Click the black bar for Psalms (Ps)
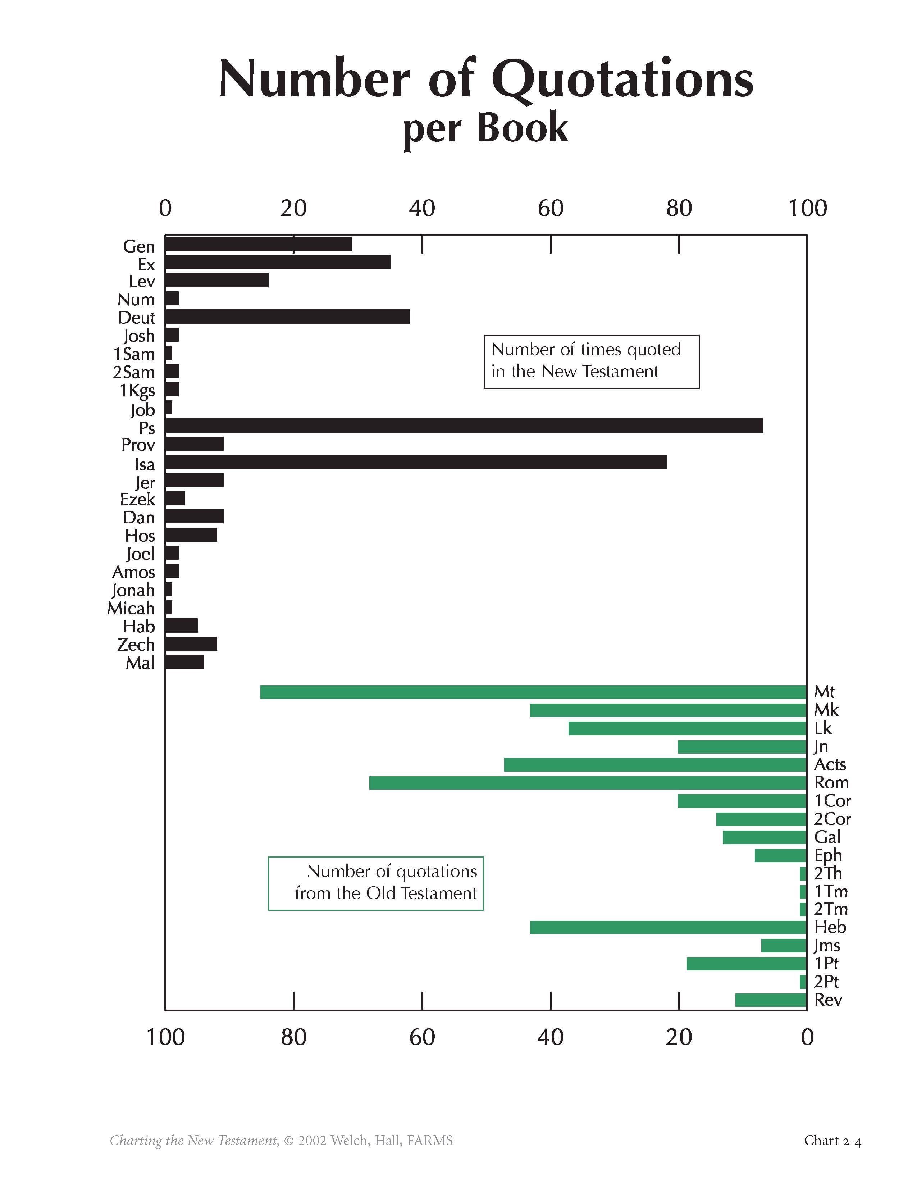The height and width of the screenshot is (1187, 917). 464,426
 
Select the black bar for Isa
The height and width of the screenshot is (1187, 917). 416,462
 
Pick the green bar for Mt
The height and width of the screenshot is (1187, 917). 533,692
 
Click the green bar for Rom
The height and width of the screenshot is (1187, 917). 587,783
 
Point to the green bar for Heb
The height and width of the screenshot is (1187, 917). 668,927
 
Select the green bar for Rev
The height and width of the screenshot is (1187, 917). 770,1000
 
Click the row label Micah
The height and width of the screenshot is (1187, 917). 131,608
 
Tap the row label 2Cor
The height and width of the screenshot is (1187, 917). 832,819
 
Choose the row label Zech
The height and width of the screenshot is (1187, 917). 136,645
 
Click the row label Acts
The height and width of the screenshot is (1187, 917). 830,765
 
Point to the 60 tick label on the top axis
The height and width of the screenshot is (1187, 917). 550,208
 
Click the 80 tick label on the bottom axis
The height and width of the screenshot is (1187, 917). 293,1037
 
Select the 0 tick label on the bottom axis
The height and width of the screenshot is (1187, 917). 807,1037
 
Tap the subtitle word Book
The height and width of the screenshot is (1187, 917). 523,128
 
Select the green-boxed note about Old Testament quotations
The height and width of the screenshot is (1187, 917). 375,883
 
